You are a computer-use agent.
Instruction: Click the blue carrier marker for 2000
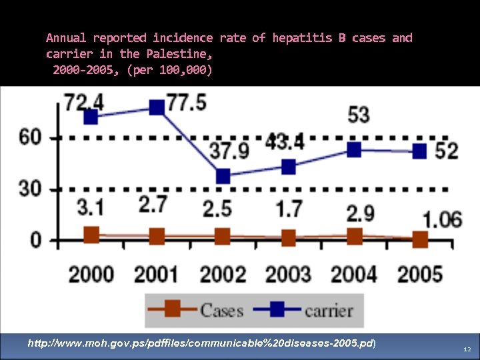[x=91, y=117]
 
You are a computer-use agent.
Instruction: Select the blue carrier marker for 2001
[x=157, y=107]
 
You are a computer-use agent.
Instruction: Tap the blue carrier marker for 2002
[x=223, y=176]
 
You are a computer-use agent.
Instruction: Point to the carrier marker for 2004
[x=354, y=150]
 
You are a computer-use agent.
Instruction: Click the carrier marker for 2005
[x=419, y=151]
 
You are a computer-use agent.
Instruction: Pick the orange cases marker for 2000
[x=91, y=235]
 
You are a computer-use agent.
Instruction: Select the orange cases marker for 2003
[x=288, y=238]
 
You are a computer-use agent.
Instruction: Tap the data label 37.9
[x=229, y=150]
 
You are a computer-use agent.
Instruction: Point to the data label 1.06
[x=442, y=219]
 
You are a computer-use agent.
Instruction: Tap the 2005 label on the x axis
[x=419, y=273]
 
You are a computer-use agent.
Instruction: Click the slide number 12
[x=467, y=349]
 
